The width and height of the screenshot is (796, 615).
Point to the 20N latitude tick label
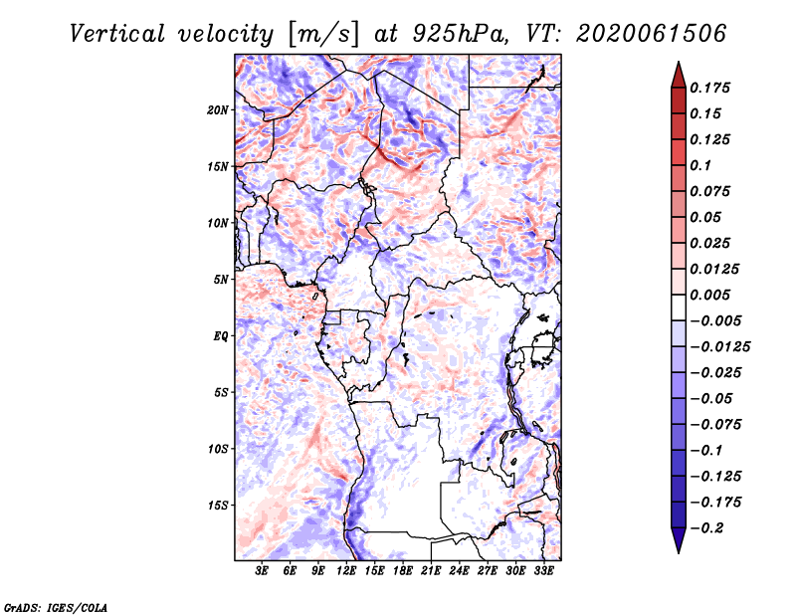pos(218,109)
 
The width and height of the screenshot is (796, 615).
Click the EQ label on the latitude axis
pos(221,336)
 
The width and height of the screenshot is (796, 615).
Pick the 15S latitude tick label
pos(218,506)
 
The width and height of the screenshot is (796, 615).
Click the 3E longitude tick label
pos(262,572)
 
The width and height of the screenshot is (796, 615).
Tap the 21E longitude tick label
pos(431,572)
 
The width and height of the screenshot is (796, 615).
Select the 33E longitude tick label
pos(543,572)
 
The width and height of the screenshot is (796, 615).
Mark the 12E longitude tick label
pos(346,572)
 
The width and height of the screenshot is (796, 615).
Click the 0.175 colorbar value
pos(711,88)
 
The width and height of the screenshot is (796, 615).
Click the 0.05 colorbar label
pos(707,217)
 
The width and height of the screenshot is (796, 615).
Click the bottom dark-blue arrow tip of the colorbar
pos(677,548)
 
